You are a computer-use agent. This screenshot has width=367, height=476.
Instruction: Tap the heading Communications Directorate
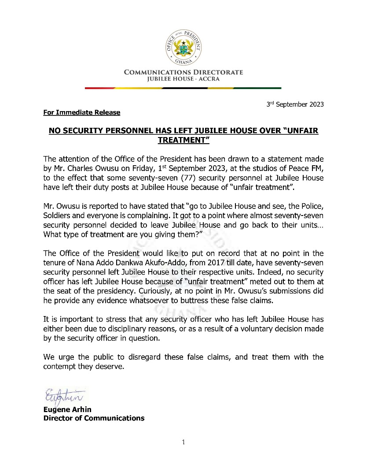pyautogui.click(x=183, y=72)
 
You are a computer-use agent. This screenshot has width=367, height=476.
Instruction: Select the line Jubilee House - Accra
pyautogui.click(x=183, y=79)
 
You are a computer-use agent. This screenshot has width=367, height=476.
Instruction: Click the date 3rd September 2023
pyautogui.click(x=295, y=104)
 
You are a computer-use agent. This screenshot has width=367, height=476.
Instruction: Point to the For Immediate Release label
pyautogui.click(x=81, y=112)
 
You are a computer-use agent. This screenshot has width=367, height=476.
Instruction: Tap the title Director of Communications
pyautogui.click(x=94, y=418)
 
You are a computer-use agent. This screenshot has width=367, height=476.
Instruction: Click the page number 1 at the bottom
pyautogui.click(x=183, y=442)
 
